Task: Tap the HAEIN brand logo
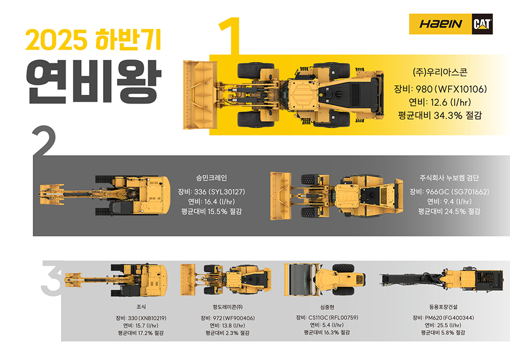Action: [440, 24]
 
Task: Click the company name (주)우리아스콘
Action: [440, 72]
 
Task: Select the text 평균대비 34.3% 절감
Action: [440, 116]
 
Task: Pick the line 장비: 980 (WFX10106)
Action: [440, 89]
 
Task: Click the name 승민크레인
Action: [212, 178]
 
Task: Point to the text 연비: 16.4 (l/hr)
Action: [212, 201]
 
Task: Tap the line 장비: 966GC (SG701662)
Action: [450, 192]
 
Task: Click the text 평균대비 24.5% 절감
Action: [450, 211]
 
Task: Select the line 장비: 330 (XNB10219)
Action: [141, 317]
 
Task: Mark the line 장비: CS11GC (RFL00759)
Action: [327, 317]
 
